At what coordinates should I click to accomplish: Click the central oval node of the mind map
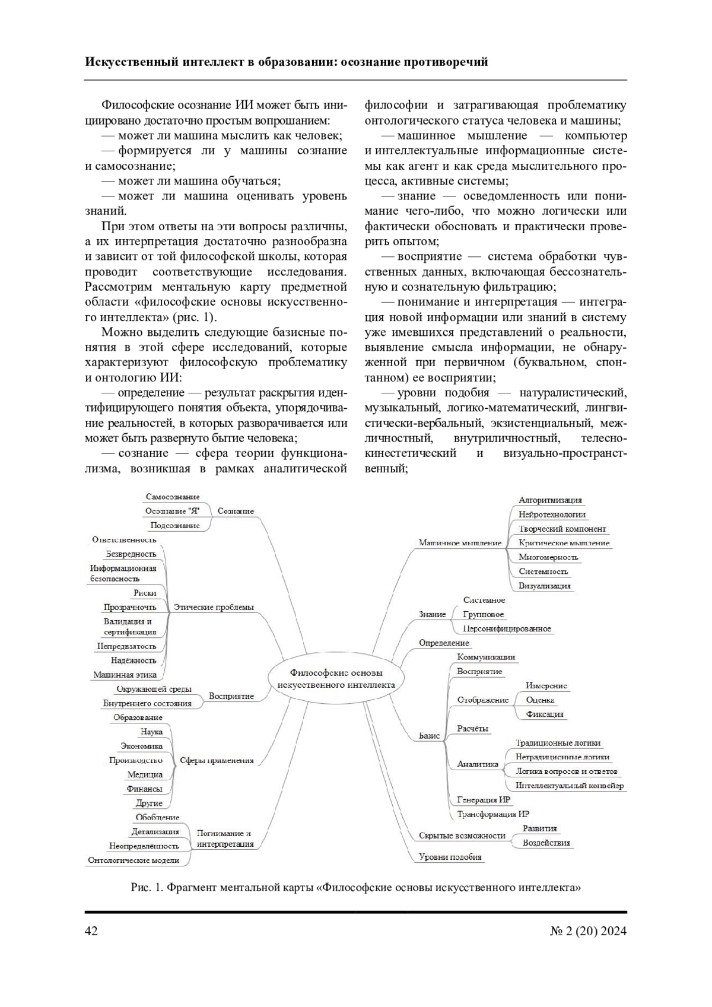tap(336, 678)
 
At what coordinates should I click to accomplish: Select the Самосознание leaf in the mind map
tap(173, 497)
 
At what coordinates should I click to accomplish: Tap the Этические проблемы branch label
tap(214, 607)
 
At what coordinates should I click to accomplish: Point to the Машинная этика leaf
tap(125, 674)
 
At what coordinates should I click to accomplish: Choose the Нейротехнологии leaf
tap(552, 514)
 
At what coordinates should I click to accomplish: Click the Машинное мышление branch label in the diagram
tap(460, 542)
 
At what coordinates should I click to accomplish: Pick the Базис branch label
tap(429, 736)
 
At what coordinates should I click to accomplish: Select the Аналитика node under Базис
tap(478, 764)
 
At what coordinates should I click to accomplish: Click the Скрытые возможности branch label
tap(462, 836)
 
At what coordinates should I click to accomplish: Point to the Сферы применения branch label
tap(217, 760)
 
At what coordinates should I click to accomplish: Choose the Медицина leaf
tap(145, 774)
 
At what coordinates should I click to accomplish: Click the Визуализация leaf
tap(544, 586)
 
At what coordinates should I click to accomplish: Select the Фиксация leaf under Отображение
tap(544, 714)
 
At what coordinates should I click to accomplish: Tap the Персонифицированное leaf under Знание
tap(507, 628)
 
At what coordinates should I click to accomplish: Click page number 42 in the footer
tap(91, 930)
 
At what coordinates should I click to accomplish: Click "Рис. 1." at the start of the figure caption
tap(146, 888)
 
